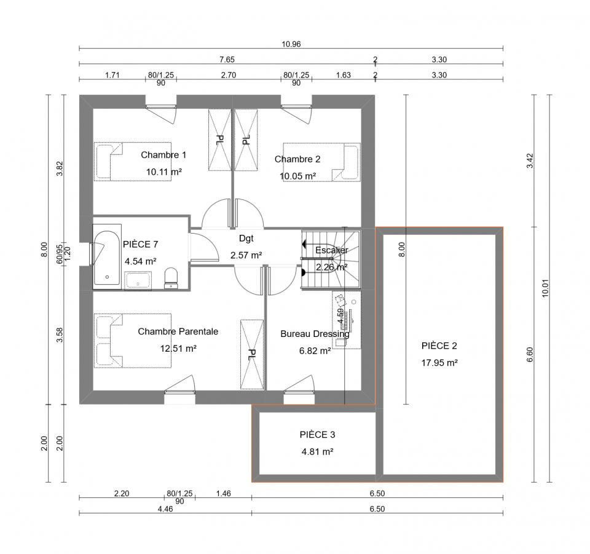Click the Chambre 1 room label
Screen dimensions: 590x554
coord(163,155)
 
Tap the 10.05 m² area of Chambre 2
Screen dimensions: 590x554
coord(297,176)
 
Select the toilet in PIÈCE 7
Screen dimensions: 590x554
coord(171,278)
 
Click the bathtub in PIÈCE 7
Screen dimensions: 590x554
coord(107,257)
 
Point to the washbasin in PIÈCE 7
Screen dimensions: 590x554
coord(138,281)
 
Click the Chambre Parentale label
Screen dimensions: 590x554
coord(178,331)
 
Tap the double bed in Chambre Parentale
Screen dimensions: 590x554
coord(133,341)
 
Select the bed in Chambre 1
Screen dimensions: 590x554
coord(133,162)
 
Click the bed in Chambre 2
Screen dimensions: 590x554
coord(321,162)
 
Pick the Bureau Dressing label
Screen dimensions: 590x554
coord(315,334)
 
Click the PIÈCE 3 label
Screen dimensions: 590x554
coord(317,435)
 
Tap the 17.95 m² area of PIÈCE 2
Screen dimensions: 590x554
coord(439,363)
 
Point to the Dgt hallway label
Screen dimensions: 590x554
coord(246,238)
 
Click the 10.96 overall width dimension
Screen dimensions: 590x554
coord(291,44)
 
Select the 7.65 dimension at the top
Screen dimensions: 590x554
coord(227,60)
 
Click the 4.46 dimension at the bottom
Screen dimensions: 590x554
coord(165,509)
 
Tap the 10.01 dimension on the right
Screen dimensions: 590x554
coord(545,288)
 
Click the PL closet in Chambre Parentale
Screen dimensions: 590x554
coord(252,355)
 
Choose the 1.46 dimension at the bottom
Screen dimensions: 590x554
coord(224,493)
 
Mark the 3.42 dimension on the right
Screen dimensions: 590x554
coord(530,160)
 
